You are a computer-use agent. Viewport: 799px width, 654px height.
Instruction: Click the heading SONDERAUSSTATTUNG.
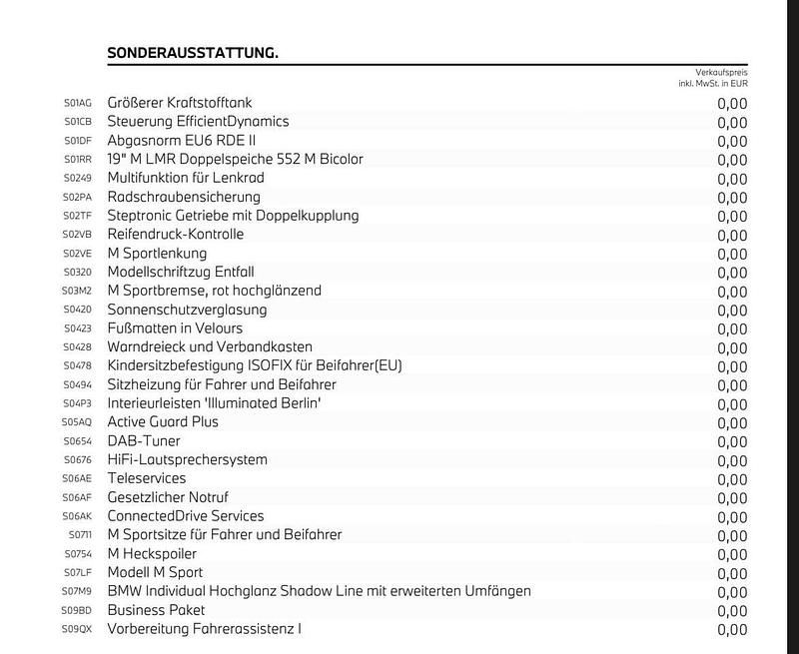click(x=193, y=52)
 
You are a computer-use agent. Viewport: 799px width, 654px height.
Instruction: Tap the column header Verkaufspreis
click(x=721, y=72)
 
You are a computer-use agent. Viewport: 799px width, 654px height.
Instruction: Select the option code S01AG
click(x=78, y=103)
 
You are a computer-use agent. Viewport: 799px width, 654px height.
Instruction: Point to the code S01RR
click(x=78, y=160)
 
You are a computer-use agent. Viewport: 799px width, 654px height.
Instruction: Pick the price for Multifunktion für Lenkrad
click(x=731, y=179)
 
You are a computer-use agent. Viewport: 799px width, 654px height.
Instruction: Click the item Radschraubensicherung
click(x=184, y=197)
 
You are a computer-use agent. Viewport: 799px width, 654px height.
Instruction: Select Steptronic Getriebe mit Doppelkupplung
click(x=233, y=216)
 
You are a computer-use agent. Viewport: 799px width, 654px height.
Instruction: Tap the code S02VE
click(x=78, y=254)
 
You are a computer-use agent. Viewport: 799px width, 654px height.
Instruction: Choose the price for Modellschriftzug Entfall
click(x=731, y=273)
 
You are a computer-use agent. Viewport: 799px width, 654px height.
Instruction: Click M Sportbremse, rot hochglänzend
click(x=215, y=291)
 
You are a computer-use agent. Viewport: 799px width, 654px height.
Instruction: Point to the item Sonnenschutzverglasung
click(x=188, y=310)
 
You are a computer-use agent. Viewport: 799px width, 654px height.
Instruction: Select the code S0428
click(x=78, y=347)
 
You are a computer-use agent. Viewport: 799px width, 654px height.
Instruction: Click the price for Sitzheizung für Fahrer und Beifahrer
click(x=731, y=385)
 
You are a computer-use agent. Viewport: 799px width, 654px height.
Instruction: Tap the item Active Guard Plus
click(x=163, y=422)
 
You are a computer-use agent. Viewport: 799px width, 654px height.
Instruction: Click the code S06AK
click(x=78, y=516)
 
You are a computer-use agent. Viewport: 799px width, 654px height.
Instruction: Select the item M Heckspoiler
click(x=152, y=554)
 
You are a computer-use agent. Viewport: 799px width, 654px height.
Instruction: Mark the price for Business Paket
click(x=731, y=611)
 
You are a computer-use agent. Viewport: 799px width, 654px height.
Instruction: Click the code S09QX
click(x=78, y=629)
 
